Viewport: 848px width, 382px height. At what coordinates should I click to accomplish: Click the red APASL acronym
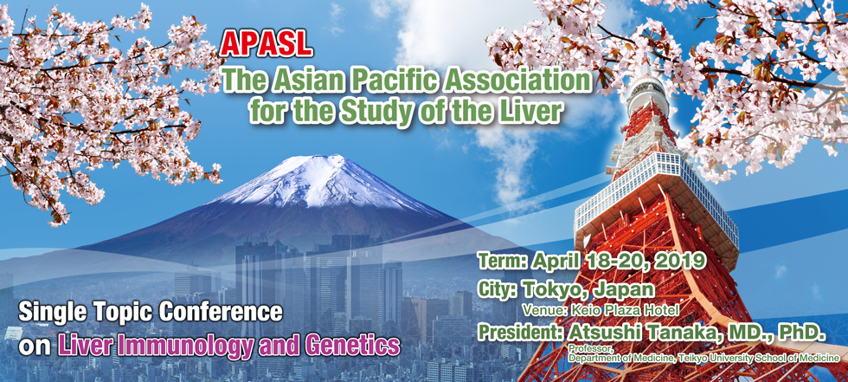pyautogui.click(x=267, y=46)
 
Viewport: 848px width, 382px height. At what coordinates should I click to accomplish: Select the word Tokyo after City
pyautogui.click(x=553, y=289)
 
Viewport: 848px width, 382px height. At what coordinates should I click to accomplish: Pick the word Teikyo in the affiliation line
pyautogui.click(x=697, y=358)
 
